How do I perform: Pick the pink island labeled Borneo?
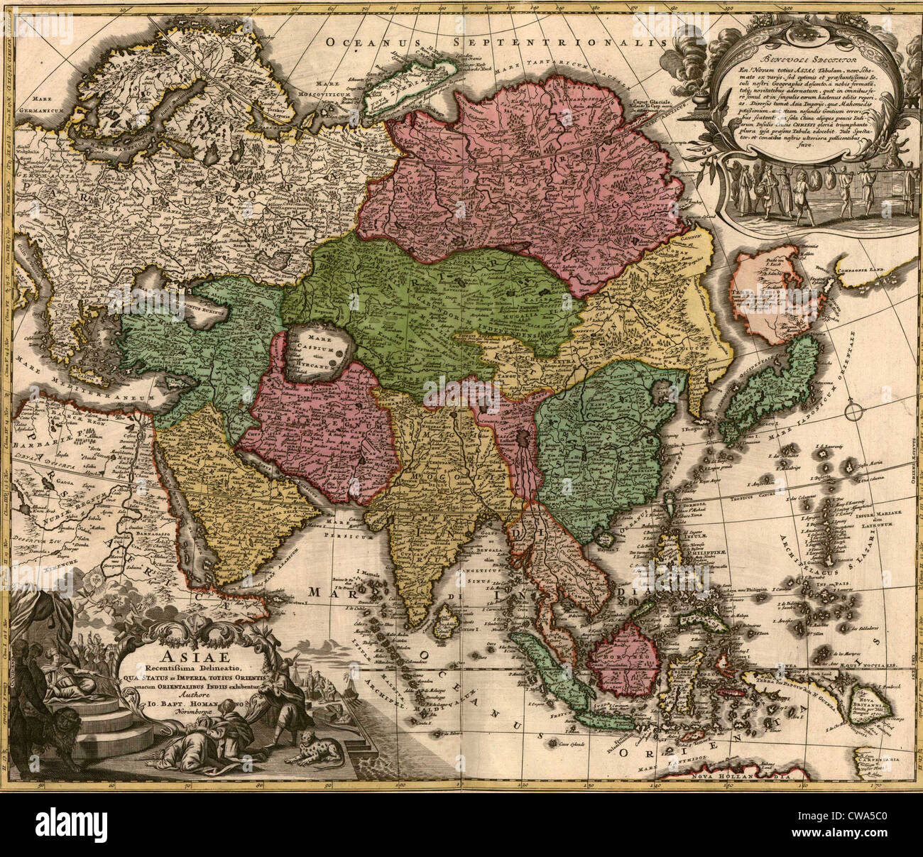pos(620,653)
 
